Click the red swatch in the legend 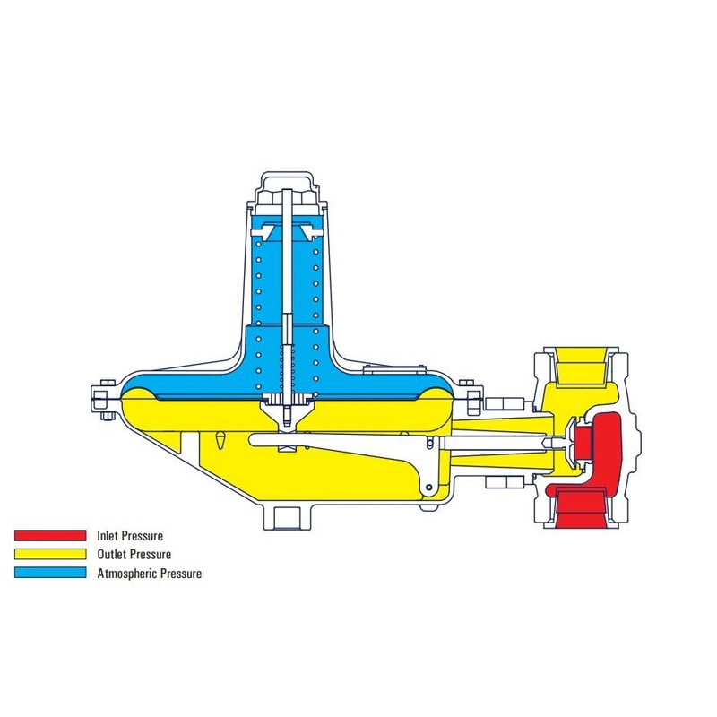click(x=50, y=536)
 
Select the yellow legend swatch click(x=50, y=555)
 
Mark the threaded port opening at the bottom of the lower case click(x=289, y=514)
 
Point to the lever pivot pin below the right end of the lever click(x=430, y=487)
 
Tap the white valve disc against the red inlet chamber click(x=569, y=441)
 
